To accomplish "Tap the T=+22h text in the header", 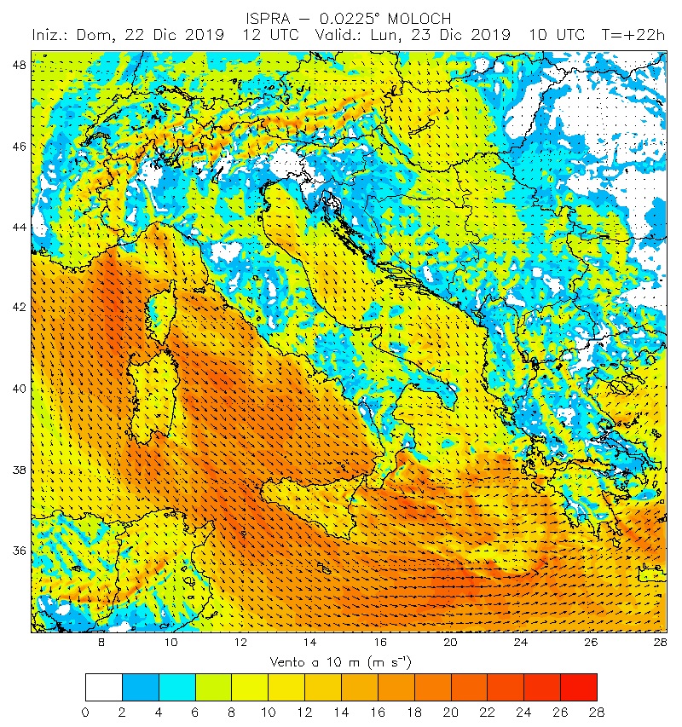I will pyautogui.click(x=633, y=36).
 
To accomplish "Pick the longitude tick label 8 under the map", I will pyautogui.click(x=101, y=643).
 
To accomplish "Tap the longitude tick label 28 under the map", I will pyautogui.click(x=660, y=643).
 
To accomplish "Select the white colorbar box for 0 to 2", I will pyautogui.click(x=103, y=687).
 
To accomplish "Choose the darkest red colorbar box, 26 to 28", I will pyautogui.click(x=578, y=687).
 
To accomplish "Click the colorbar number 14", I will pyautogui.click(x=341, y=711).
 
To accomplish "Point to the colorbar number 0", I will pyautogui.click(x=85, y=711).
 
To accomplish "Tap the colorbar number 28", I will pyautogui.click(x=597, y=711).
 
